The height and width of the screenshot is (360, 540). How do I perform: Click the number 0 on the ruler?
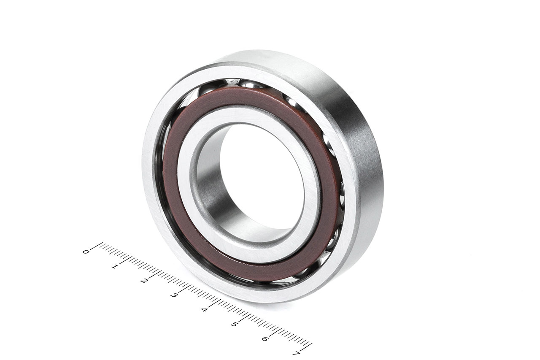click(x=85, y=252)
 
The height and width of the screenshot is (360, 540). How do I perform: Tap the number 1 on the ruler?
click(x=115, y=266)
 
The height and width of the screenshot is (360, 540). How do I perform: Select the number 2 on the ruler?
click(x=144, y=281)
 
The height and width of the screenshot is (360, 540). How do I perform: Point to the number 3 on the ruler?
click(x=174, y=295)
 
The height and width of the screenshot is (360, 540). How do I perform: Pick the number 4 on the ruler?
click(x=204, y=310)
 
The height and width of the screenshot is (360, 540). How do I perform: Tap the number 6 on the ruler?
click(x=265, y=339)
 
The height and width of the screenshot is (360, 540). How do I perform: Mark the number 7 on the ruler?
click(x=296, y=353)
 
